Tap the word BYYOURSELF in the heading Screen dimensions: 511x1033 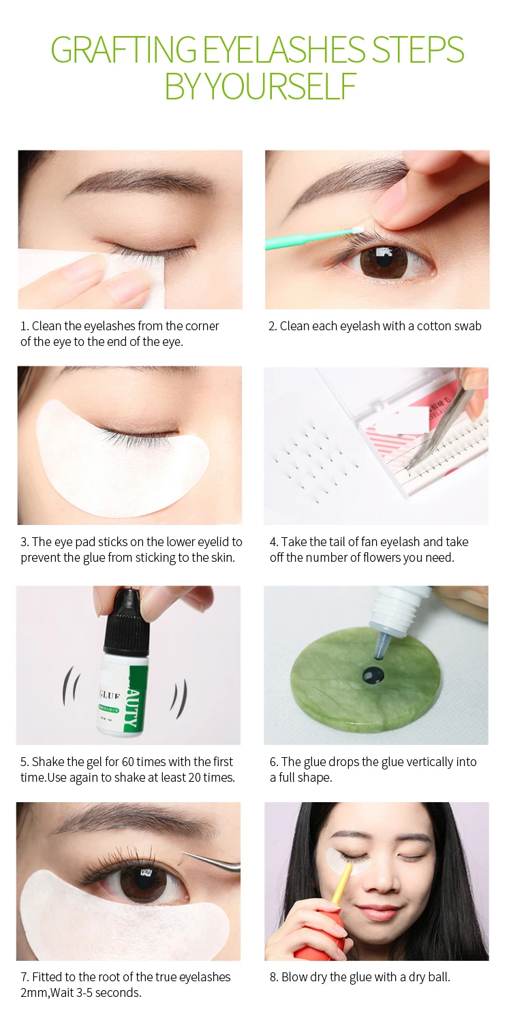point(260,86)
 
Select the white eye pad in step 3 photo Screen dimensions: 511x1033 point(123,456)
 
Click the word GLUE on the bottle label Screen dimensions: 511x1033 point(110,695)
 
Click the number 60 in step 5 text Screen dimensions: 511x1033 point(128,762)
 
